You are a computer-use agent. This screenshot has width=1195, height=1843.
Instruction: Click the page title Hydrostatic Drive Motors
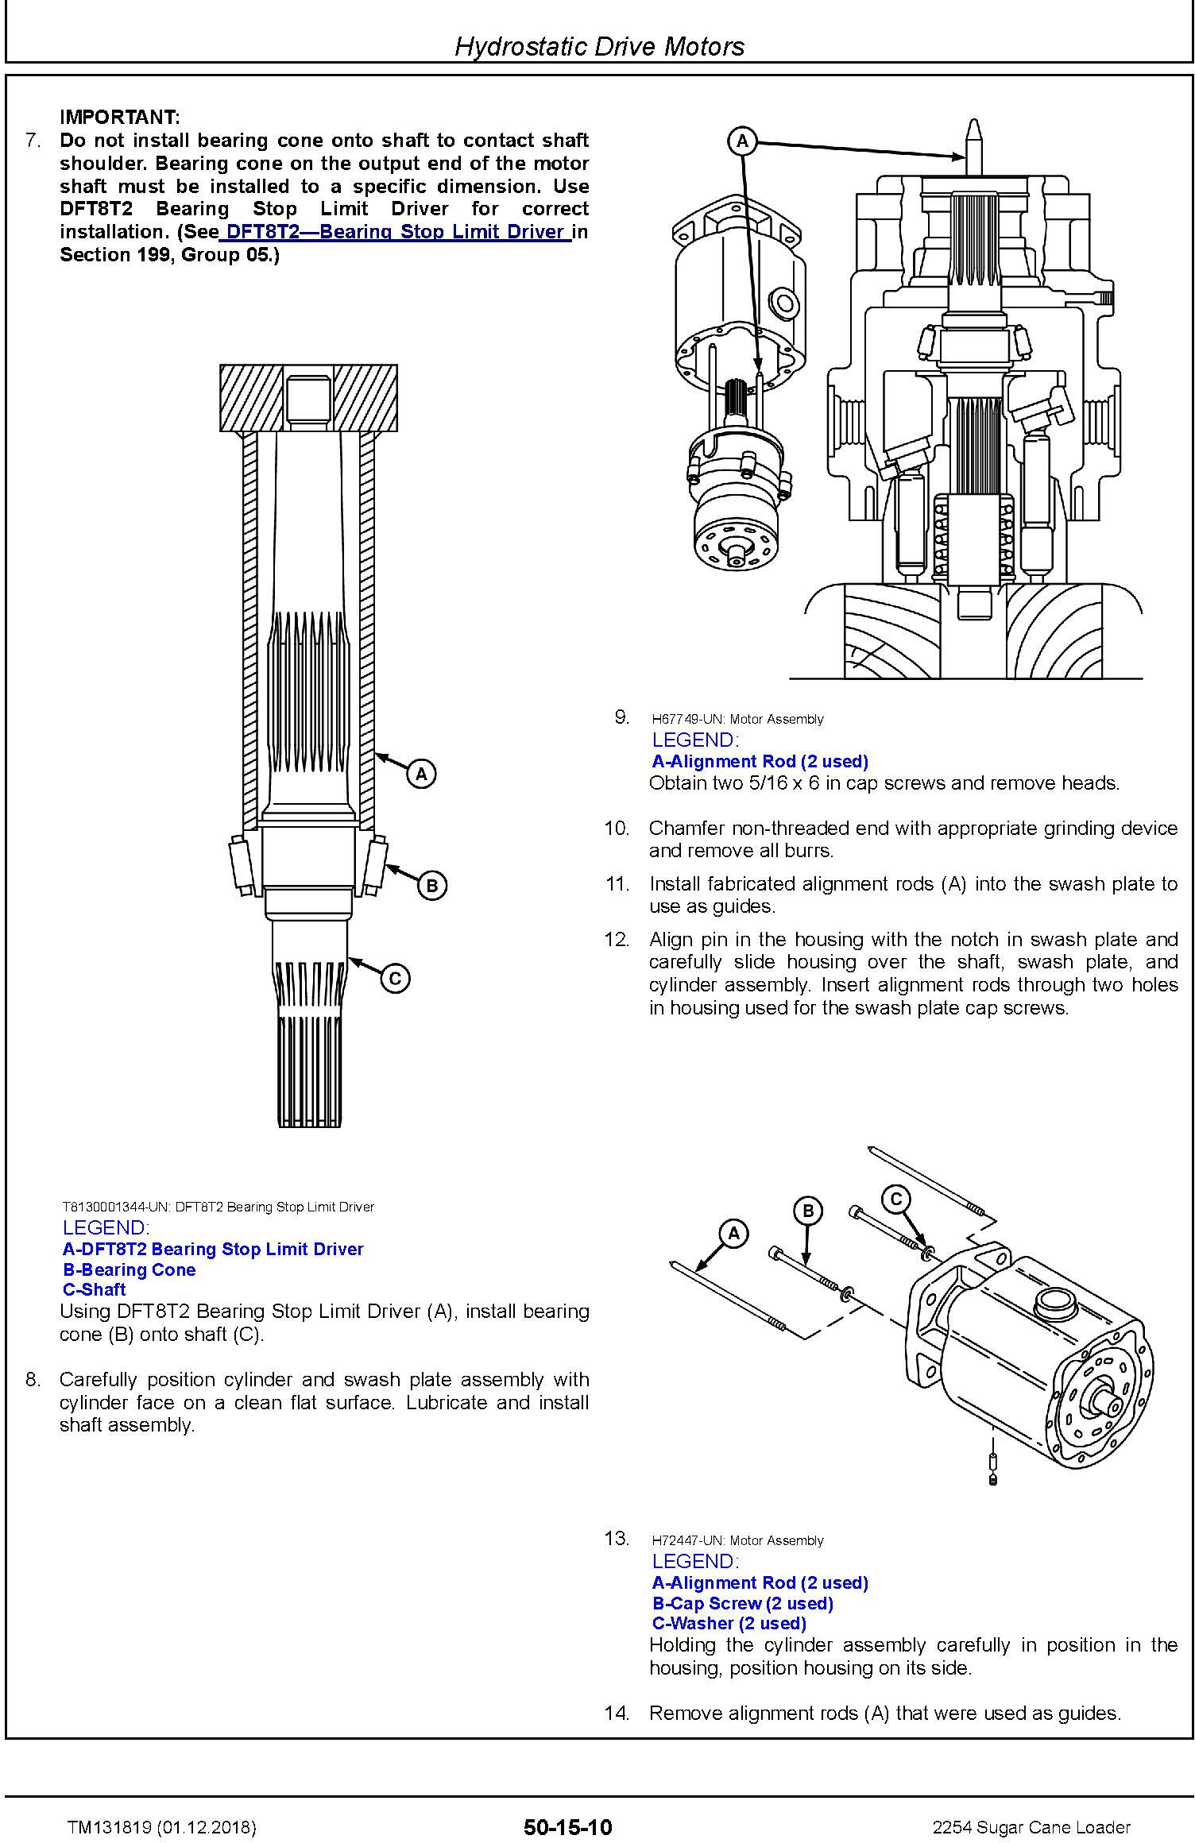coord(599,46)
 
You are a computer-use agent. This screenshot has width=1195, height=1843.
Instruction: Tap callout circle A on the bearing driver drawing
coord(421,773)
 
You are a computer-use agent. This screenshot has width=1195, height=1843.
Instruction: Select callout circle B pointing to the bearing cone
coord(432,885)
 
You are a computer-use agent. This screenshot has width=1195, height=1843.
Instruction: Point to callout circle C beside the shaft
coord(395,978)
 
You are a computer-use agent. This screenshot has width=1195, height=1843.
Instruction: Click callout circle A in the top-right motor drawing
coord(743,141)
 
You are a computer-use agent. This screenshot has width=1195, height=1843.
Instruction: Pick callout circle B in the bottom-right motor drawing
coord(808,1211)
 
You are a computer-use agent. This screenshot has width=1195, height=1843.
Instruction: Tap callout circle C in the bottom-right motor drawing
coord(896,1199)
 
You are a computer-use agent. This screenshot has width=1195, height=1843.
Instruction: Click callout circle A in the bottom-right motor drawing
coord(733,1234)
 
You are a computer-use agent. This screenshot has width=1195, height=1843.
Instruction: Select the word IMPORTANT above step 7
coord(120,118)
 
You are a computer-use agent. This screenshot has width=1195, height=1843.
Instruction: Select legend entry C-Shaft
coord(94,1289)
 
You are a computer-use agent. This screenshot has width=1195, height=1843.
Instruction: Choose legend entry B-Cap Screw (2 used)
coord(743,1603)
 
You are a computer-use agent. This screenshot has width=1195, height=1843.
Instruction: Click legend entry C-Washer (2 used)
coord(729,1623)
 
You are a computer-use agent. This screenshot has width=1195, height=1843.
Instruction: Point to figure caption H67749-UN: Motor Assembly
coord(737,719)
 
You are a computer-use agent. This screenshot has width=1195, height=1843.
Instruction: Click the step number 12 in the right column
coord(617,939)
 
